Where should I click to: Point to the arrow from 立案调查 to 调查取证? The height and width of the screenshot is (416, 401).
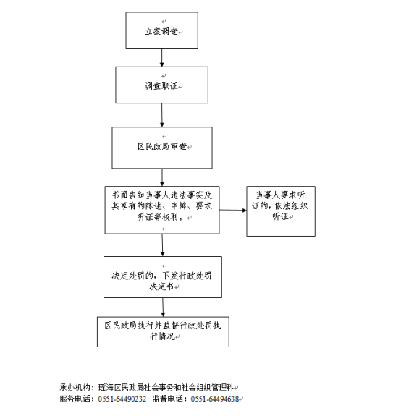click(161, 58)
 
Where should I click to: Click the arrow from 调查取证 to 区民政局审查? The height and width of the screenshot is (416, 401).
click(162, 115)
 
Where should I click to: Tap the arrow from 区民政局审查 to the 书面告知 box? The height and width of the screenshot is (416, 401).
click(162, 177)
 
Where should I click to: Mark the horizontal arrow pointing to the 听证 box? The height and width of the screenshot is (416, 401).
click(233, 210)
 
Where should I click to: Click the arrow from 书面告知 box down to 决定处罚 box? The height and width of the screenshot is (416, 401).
click(162, 245)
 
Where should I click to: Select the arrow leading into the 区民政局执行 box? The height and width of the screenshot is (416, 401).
click(163, 307)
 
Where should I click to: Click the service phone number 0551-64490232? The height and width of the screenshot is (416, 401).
click(122, 399)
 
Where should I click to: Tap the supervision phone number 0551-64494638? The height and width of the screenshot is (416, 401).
click(215, 399)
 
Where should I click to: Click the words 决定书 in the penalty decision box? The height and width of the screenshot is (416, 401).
click(161, 286)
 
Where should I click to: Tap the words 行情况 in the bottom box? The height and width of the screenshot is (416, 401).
click(162, 336)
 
